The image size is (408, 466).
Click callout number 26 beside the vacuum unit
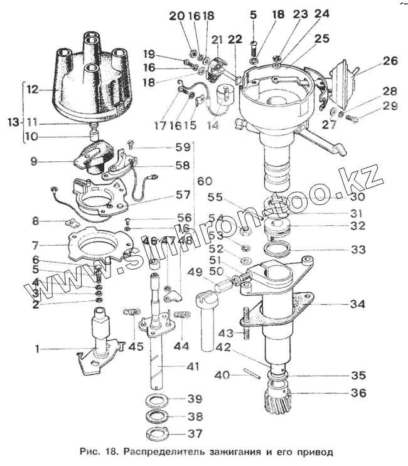(x=390, y=61)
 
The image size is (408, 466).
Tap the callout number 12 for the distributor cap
(x=32, y=90)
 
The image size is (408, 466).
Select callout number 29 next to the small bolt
(x=390, y=107)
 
